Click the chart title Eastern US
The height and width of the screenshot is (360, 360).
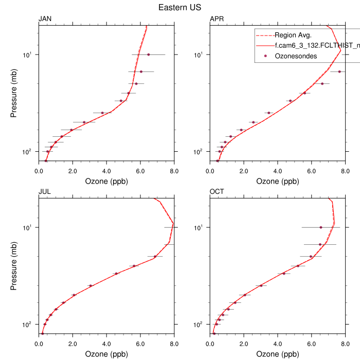click(179, 8)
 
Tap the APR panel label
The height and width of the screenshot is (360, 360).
click(217, 20)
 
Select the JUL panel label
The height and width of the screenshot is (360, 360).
click(45, 192)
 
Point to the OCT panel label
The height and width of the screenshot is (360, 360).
click(217, 192)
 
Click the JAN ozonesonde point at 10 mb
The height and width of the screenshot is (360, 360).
click(149, 55)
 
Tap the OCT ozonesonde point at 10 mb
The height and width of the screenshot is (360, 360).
click(321, 227)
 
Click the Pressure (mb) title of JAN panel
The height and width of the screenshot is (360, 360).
click(14, 93)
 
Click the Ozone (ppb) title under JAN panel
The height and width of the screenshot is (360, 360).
click(106, 182)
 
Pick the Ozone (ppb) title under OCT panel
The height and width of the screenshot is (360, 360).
click(277, 354)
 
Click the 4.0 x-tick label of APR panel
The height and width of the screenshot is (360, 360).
click(277, 171)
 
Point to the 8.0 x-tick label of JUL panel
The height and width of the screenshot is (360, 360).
click(174, 344)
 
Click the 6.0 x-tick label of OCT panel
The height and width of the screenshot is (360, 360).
click(311, 344)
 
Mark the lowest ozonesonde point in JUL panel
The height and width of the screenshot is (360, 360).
click(42, 334)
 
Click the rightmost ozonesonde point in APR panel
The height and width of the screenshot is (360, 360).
click(339, 71)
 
